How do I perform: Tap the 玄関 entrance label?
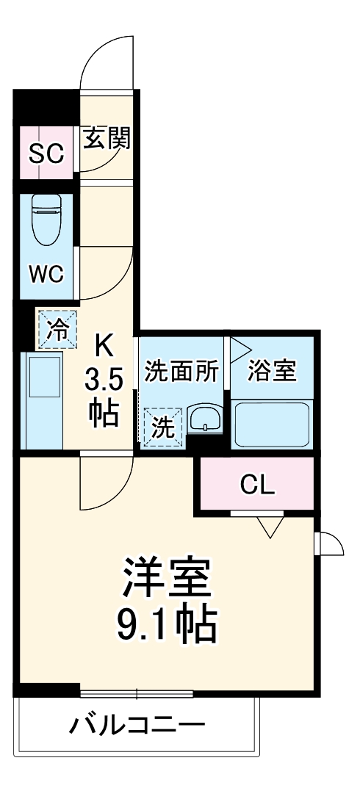point(107,138)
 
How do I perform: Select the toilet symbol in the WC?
point(47,218)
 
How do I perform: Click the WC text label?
point(46,274)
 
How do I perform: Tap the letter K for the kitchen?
point(105,344)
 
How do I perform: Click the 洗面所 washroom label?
point(181,372)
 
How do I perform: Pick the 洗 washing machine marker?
point(162,427)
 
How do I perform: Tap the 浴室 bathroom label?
point(273,371)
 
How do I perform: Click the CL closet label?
point(257,484)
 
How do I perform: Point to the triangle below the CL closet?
point(270,526)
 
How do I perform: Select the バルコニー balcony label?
point(137,726)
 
